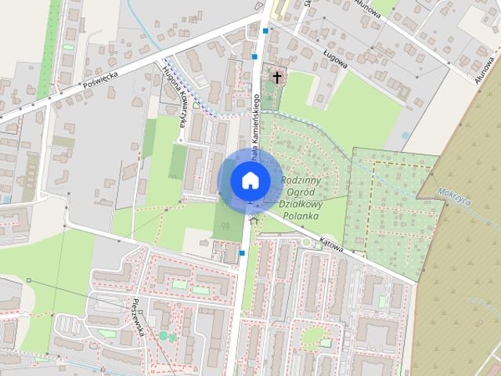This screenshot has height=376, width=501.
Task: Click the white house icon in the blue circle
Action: click(250, 180)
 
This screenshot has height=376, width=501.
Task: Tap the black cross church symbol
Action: click(276, 77)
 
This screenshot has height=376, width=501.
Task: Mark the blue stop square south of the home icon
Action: click(243, 253)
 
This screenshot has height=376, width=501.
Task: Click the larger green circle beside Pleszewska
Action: click(164, 335)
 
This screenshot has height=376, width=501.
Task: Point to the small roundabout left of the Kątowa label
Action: click(307, 244)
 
